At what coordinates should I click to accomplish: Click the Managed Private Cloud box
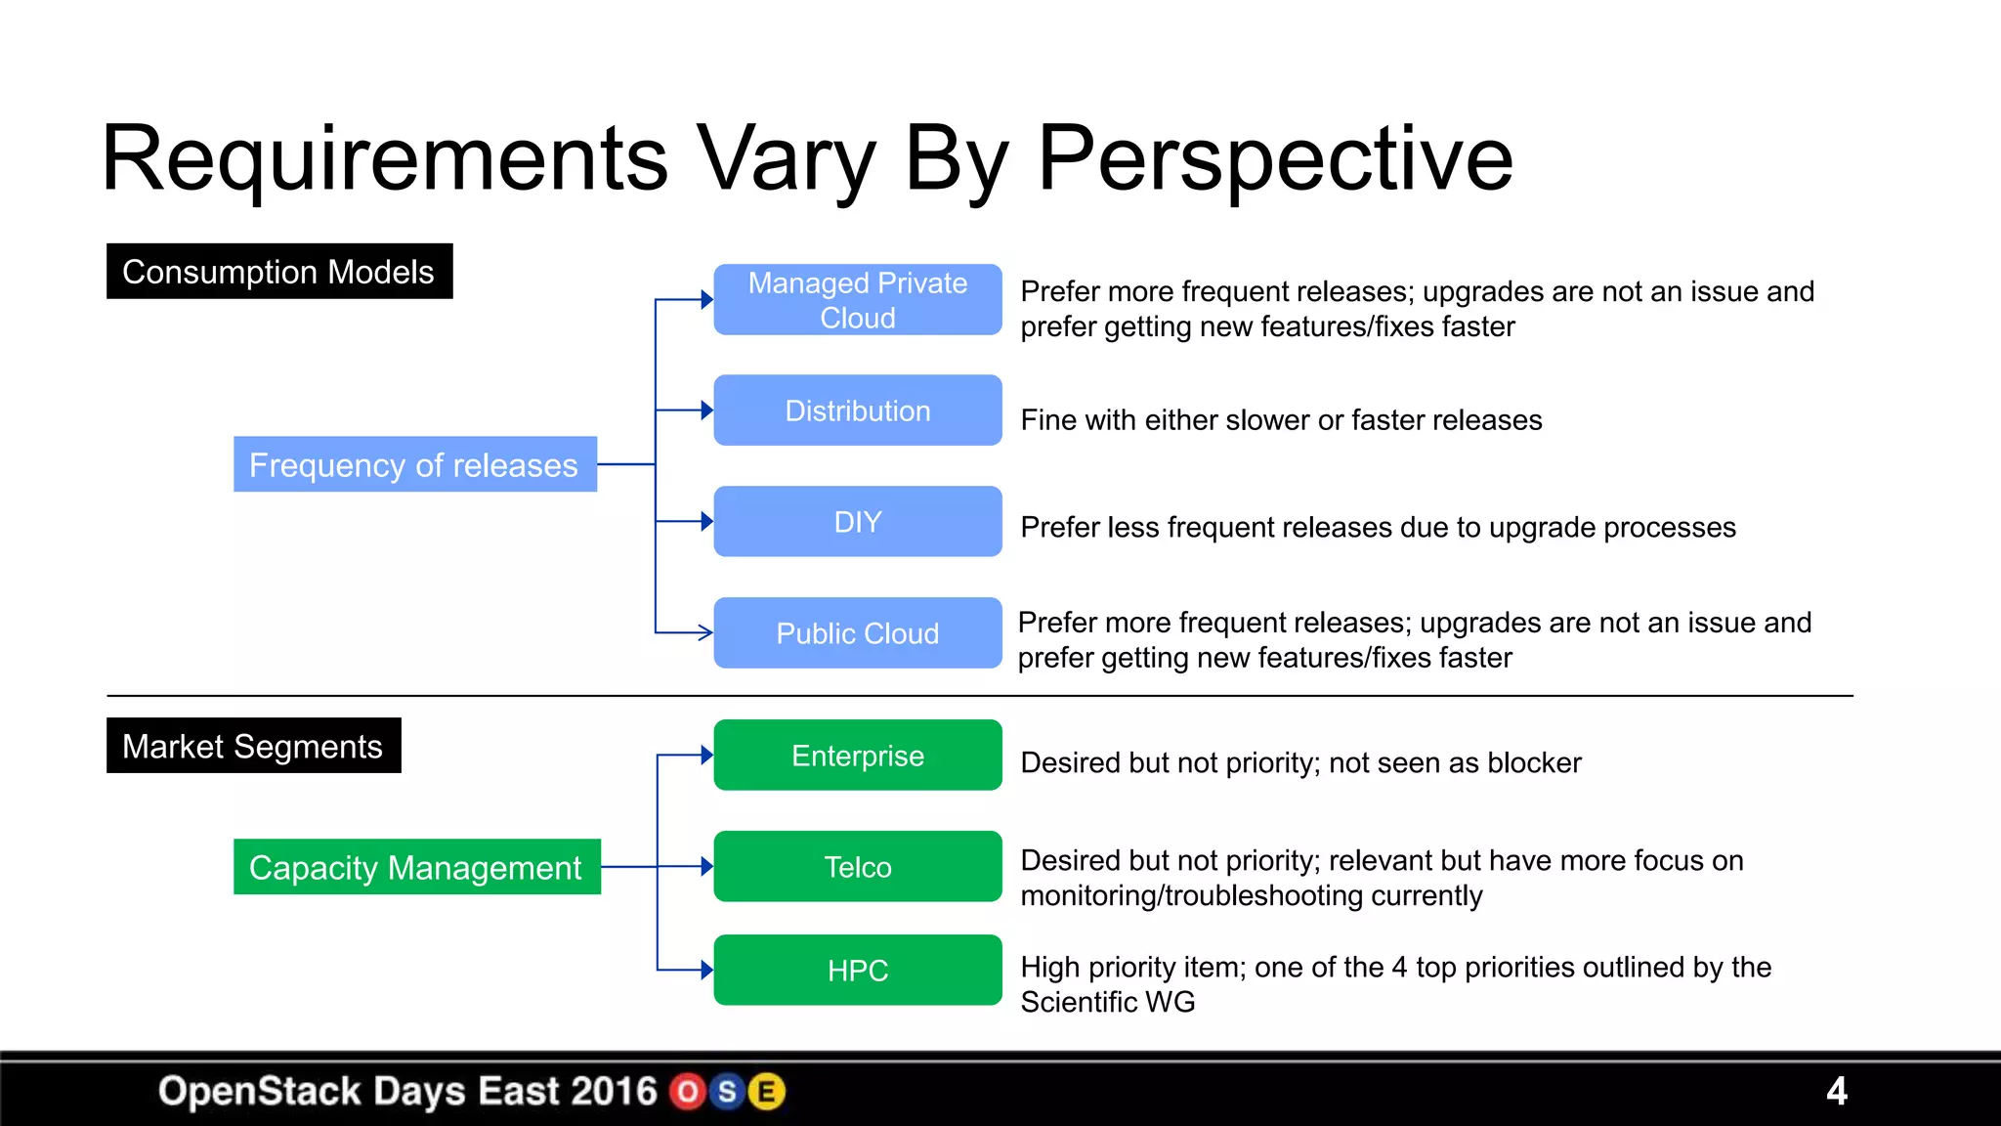(857, 300)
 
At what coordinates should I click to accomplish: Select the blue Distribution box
(857, 411)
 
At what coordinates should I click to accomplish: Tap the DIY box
(857, 522)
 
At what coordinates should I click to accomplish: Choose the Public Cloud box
(857, 633)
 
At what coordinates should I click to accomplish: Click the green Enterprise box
(857, 756)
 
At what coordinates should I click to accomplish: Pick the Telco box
(857, 867)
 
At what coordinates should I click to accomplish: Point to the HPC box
(857, 971)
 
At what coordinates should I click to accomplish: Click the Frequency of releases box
(414, 464)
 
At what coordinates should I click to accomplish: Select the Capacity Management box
(416, 867)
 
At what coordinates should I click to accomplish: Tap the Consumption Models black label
(278, 272)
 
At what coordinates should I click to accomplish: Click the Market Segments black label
(253, 746)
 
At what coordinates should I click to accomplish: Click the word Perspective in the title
(1274, 159)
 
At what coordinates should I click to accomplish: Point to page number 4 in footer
(1836, 1091)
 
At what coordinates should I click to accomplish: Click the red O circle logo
(688, 1092)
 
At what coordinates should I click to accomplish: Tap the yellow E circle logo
(767, 1092)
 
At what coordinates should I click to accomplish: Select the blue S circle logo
(727, 1092)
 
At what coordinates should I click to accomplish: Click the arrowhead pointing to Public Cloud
(704, 633)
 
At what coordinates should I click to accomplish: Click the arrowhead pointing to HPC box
(706, 970)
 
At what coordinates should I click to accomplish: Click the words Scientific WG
(1107, 1002)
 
